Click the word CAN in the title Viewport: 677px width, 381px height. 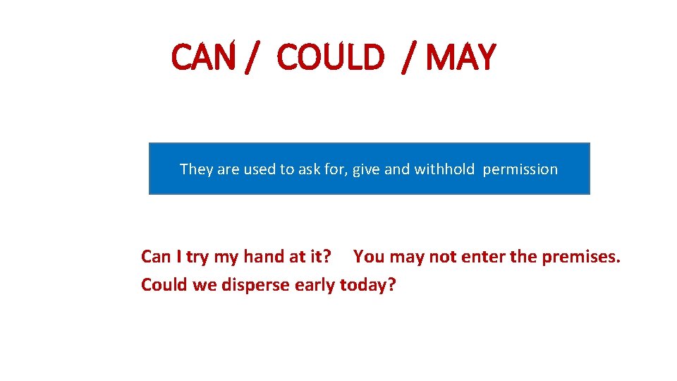pos(203,57)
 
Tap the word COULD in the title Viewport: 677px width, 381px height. pos(330,57)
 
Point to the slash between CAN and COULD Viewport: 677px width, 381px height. pos(249,57)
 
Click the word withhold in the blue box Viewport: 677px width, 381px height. pos(444,169)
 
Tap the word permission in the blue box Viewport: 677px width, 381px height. pos(520,169)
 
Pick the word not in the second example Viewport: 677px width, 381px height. pos(442,256)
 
